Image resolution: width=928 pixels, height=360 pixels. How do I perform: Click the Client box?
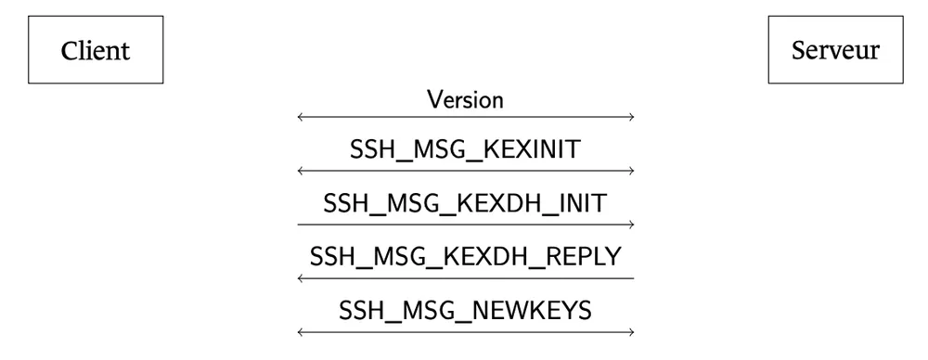pos(96,49)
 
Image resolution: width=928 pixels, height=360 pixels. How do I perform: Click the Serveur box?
pos(835,49)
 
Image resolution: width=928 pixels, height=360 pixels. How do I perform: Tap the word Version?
pos(465,99)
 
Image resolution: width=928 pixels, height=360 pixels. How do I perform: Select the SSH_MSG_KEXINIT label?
pos(465,150)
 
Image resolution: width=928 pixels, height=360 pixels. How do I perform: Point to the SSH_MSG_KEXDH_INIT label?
pos(465,203)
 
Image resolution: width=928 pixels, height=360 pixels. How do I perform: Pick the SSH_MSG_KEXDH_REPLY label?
pos(465,256)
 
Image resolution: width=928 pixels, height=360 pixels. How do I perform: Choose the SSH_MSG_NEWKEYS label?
pos(465,310)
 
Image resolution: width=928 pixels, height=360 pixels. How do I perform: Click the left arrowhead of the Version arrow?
pos(300,118)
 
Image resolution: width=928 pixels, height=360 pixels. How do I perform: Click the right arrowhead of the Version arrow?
pos(631,118)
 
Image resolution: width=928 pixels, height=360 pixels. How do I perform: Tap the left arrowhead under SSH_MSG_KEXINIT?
pos(300,172)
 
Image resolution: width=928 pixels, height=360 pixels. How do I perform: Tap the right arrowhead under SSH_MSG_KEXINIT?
pos(631,172)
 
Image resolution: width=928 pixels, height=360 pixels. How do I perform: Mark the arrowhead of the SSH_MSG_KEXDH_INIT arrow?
pos(631,225)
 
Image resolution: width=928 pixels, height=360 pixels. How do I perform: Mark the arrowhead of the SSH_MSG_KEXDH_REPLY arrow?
pos(300,278)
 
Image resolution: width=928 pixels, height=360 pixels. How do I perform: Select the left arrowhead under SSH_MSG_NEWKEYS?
pos(300,332)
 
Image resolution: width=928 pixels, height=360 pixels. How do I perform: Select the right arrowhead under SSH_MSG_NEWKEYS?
pos(631,332)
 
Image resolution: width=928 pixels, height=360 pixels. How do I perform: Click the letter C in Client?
pos(69,50)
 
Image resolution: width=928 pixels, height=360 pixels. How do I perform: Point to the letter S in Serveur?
pos(798,50)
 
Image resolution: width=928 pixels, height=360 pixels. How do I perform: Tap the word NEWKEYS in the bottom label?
pos(535,310)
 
